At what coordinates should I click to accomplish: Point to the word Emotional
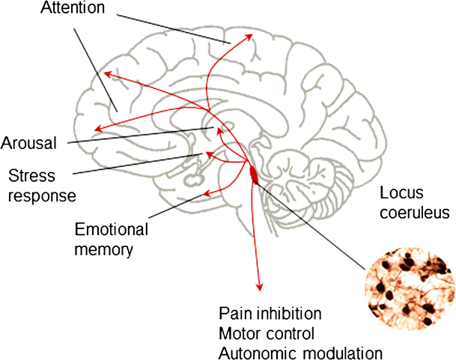coord(112,230)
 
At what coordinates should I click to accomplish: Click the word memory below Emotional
coord(104,248)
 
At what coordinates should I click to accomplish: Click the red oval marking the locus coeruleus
coord(254,174)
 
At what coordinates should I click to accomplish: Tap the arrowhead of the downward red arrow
coord(260,287)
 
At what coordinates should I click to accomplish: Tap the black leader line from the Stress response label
coord(135,163)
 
